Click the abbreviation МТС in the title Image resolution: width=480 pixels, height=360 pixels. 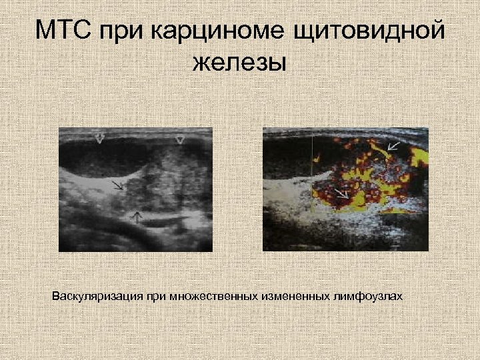tap(64, 31)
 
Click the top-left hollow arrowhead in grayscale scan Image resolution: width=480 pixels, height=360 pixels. tap(100, 139)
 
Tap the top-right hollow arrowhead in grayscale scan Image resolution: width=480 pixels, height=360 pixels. tap(179, 139)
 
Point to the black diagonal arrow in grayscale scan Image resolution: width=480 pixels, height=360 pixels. tap(117, 185)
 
